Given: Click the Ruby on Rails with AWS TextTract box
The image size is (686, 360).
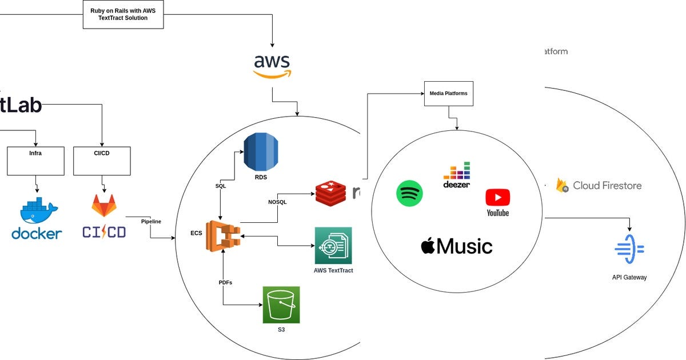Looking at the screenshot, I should (123, 14).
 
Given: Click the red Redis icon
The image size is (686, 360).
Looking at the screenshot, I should (331, 193).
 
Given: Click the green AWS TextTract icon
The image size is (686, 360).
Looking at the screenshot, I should (333, 246).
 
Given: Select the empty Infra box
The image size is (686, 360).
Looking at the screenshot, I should (35, 161).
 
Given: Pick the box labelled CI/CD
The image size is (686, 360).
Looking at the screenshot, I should (102, 161).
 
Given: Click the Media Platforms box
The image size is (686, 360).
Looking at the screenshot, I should (449, 93).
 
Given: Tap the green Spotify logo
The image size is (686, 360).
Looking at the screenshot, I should (409, 194).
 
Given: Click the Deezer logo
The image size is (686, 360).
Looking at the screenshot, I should (456, 174).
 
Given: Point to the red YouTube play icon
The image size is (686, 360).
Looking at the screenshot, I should (497, 198).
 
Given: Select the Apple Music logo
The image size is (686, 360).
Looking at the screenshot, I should (456, 246).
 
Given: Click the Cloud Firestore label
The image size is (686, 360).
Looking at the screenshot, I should (606, 186).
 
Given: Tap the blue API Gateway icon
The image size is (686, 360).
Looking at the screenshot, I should (629, 249).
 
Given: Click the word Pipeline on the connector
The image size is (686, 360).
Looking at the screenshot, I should (151, 221).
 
